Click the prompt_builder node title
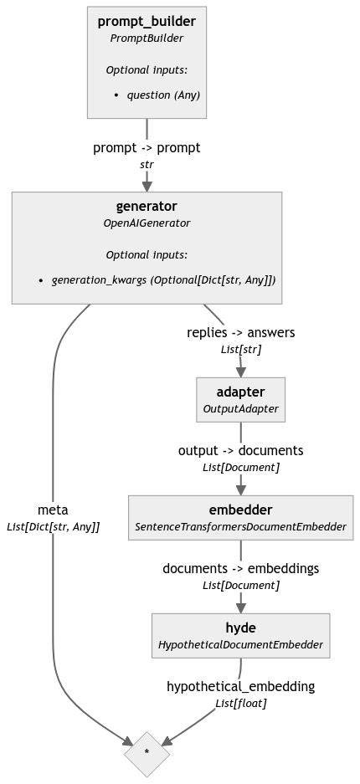click(147, 22)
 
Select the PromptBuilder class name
click(147, 38)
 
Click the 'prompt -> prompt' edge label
click(147, 148)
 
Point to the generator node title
click(147, 207)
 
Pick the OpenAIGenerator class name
click(147, 223)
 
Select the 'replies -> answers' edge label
click(241, 333)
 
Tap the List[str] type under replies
click(241, 349)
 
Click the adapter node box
click(241, 399)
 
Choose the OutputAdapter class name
click(241, 409)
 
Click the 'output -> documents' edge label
click(241, 451)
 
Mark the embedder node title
click(241, 510)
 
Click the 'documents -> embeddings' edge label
click(241, 569)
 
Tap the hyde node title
click(241, 628)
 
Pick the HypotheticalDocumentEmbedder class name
click(241, 644)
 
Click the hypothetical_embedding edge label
click(241, 687)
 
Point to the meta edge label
click(53, 510)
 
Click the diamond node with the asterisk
click(147, 752)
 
